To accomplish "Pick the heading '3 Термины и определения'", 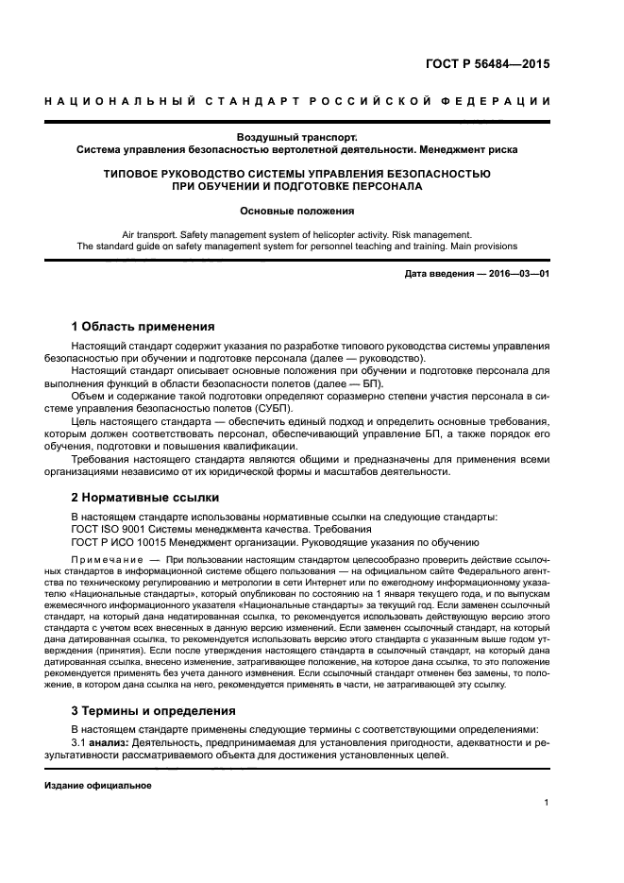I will pos(154,710).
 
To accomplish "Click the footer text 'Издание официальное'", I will pos(98,785).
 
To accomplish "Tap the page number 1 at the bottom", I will pos(547,802).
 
